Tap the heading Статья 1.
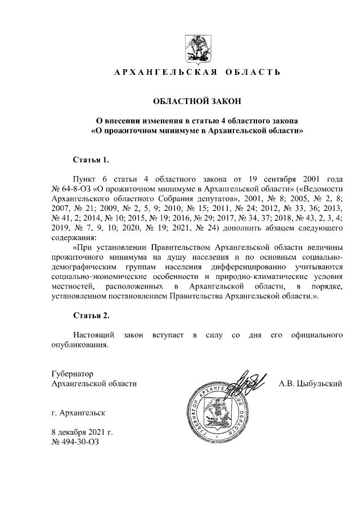[x=91, y=160]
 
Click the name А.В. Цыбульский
[x=311, y=384]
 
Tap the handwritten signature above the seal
[x=247, y=382]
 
